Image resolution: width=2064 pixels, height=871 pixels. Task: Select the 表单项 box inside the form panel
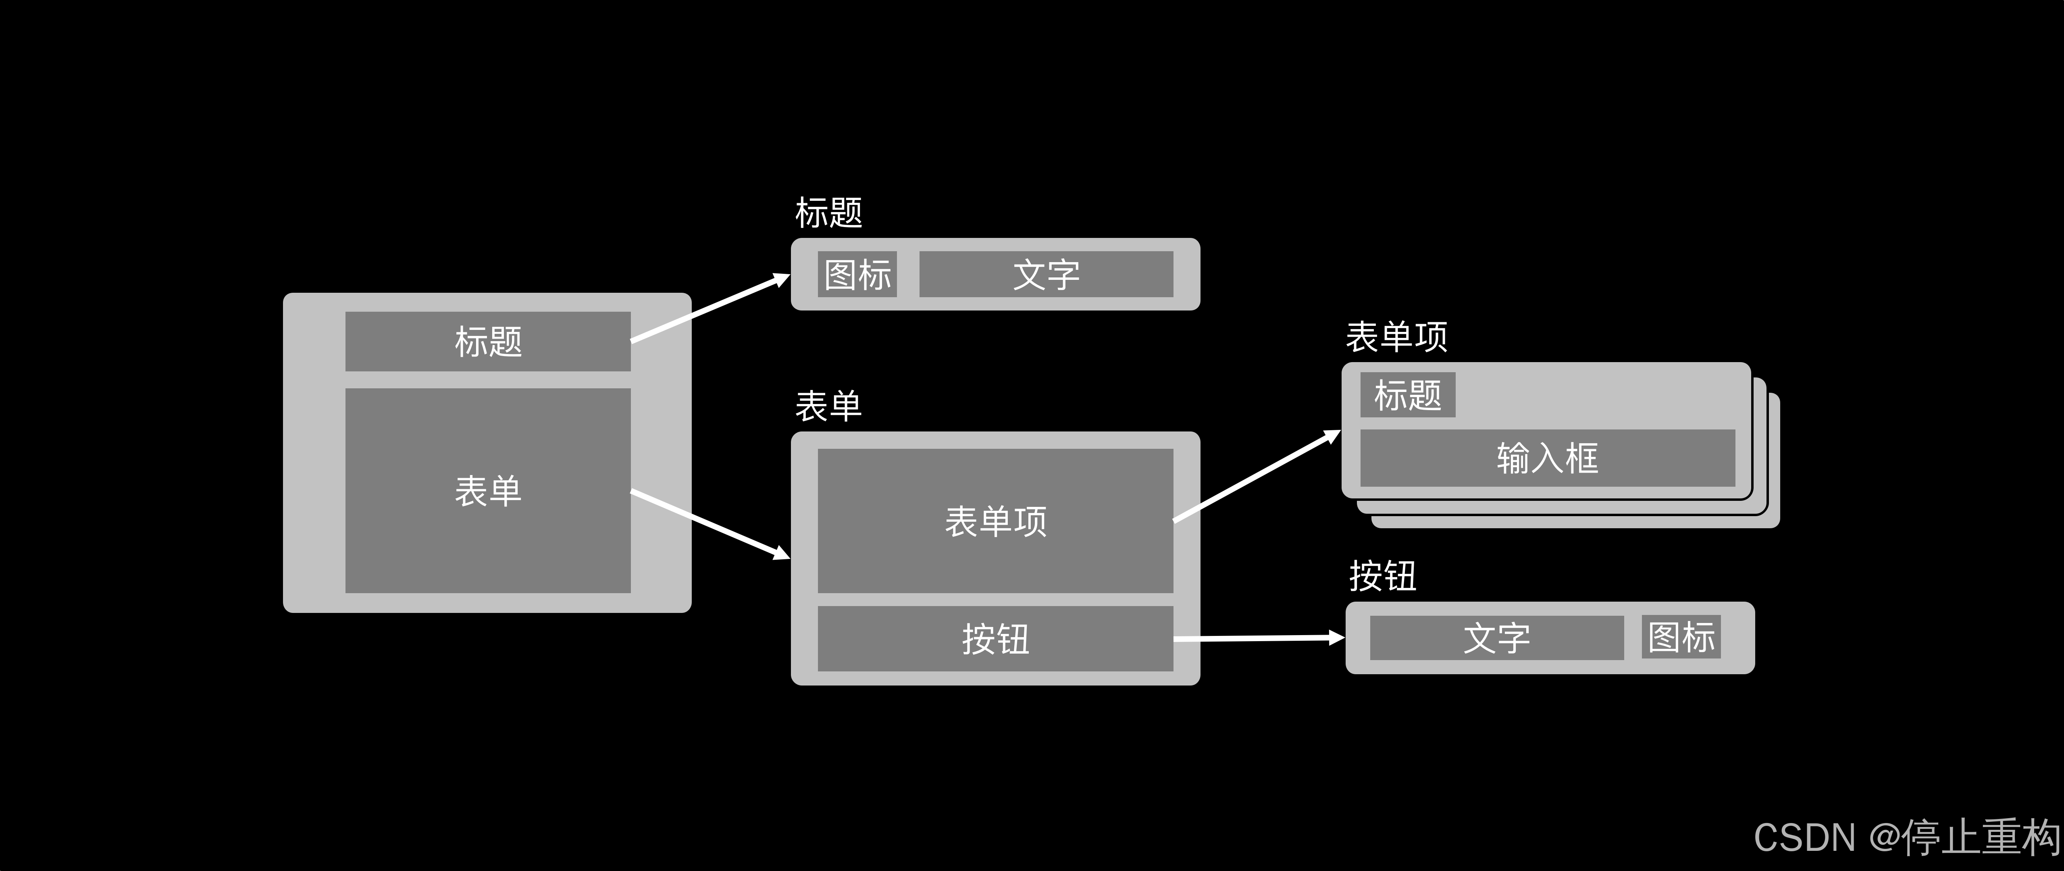pos(995,521)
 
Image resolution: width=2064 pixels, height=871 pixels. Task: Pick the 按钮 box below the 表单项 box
pos(995,639)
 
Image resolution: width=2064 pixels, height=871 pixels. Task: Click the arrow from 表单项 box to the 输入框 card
pos(1257,476)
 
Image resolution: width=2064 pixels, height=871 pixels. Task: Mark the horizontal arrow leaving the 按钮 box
pos(1258,639)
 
